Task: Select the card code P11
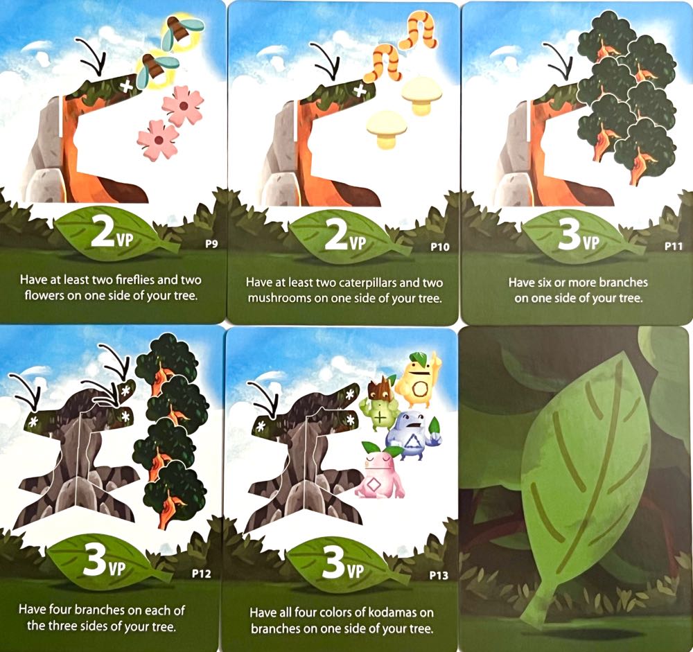point(674,245)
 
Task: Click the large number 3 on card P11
point(567,237)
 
